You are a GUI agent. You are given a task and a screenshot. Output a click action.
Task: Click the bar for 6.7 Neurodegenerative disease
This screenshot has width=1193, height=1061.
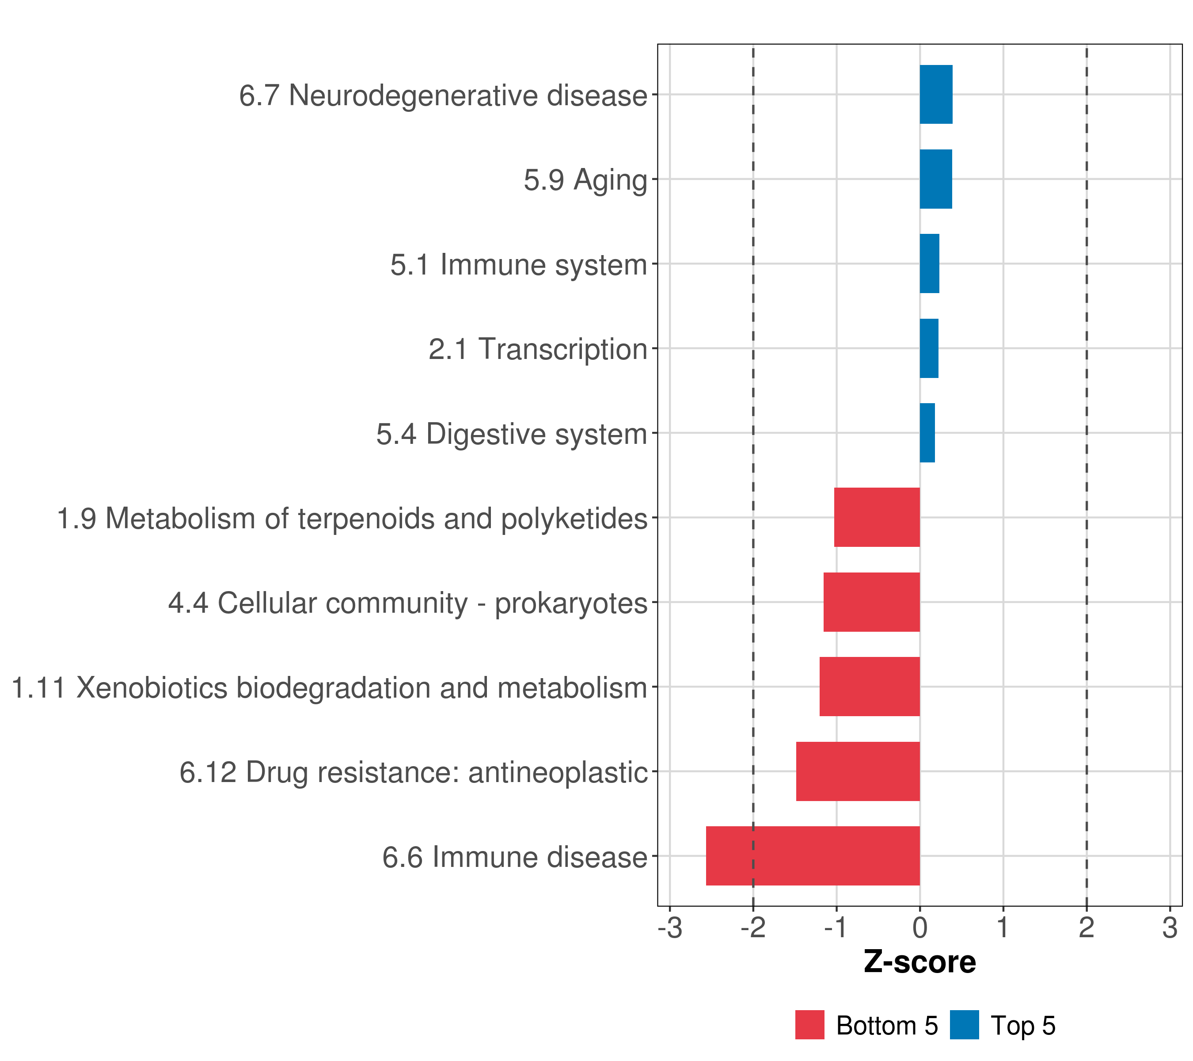[936, 95]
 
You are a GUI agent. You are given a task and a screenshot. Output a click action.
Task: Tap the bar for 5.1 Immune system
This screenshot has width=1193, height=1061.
[930, 264]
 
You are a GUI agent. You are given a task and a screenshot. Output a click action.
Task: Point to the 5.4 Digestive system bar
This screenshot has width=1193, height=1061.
[927, 433]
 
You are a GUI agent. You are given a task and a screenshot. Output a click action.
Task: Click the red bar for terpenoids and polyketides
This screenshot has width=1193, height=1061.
[877, 517]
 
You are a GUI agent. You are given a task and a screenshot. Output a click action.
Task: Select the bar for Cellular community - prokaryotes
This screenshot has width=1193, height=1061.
[871, 602]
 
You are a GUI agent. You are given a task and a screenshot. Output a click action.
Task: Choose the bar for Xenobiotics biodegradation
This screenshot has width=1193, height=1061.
[870, 687]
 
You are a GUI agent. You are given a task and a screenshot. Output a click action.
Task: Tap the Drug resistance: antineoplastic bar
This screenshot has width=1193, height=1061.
[858, 771]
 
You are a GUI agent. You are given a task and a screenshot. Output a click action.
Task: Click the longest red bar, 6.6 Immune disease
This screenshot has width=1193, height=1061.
[813, 856]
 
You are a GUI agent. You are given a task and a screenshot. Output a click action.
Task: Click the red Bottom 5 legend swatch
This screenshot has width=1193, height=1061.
[810, 1025]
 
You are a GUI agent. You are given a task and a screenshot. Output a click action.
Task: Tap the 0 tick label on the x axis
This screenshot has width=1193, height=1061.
[920, 928]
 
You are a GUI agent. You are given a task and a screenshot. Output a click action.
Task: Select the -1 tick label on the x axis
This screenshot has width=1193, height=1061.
[836, 928]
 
